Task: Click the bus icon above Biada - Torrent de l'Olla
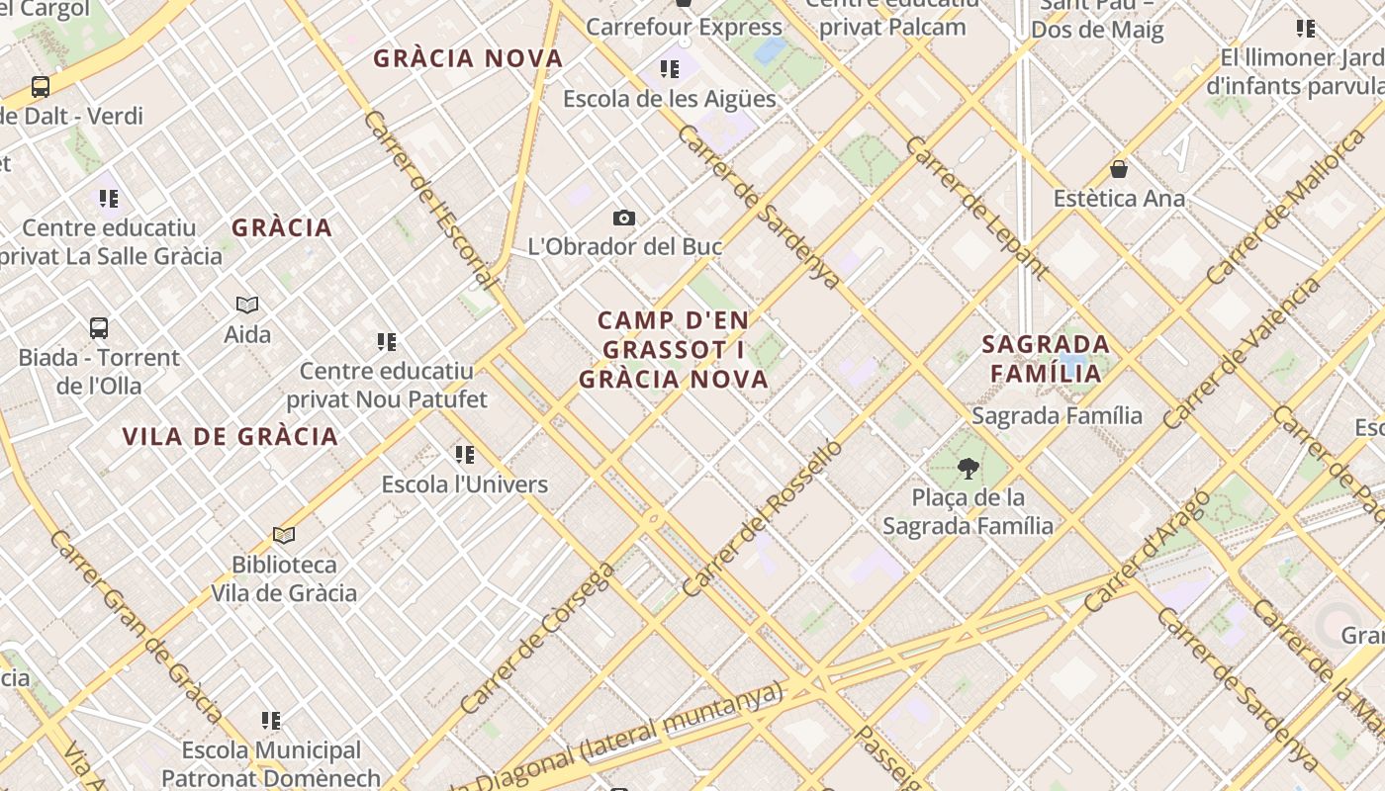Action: [x=98, y=327]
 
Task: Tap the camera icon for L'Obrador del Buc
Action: [x=623, y=218]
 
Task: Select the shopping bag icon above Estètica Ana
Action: [x=1119, y=169]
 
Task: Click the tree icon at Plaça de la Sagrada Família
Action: [x=968, y=468]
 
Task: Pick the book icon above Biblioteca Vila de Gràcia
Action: [x=284, y=536]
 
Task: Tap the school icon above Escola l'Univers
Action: [x=465, y=455]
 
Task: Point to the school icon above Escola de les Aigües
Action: [x=670, y=69]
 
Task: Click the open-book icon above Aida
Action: [x=247, y=305]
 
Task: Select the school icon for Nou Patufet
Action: [x=387, y=342]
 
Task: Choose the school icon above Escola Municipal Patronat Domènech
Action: [x=271, y=721]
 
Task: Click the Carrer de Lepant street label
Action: [x=975, y=207]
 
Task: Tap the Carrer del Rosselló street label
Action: [x=762, y=517]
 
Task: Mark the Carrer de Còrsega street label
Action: [x=538, y=638]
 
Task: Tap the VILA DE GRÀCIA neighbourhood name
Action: [x=231, y=436]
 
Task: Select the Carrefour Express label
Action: [x=684, y=27]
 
